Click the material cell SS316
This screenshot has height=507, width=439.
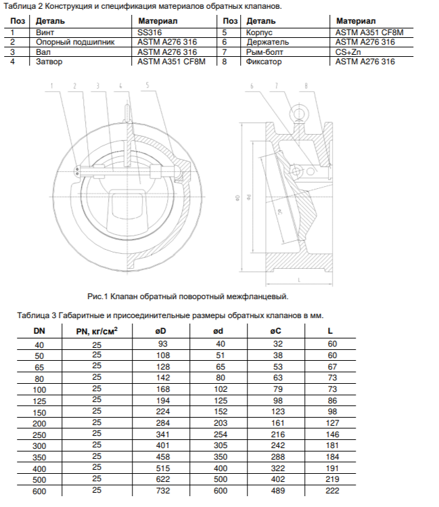pos(151,31)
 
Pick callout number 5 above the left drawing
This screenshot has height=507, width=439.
pos(147,86)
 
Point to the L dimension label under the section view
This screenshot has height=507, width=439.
pos(298,278)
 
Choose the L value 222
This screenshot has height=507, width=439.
pos(331,491)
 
